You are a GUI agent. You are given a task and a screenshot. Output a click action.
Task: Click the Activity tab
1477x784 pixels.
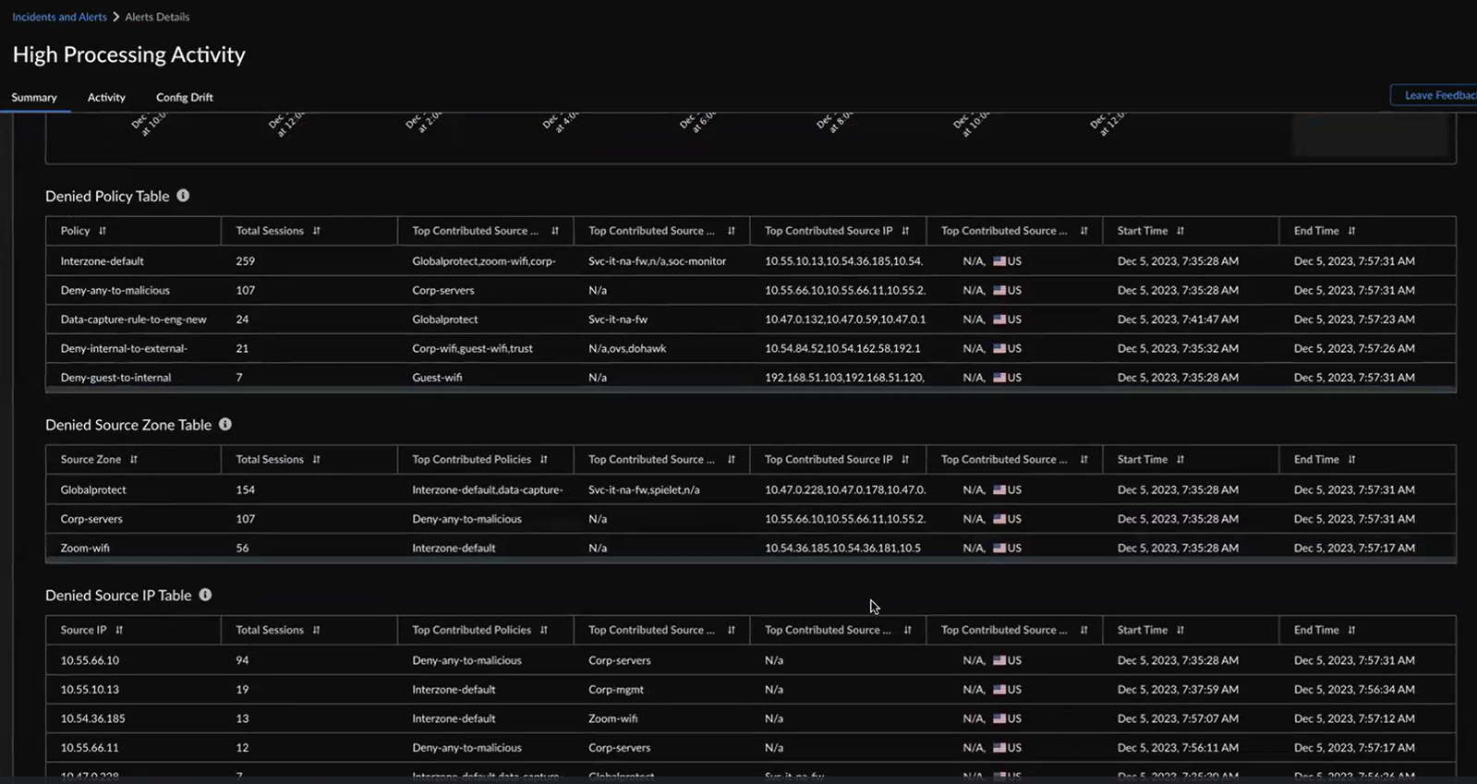(x=106, y=97)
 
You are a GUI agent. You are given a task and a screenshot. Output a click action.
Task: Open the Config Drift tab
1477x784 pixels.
(x=184, y=97)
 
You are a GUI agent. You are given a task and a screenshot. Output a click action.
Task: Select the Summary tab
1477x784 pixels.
(x=34, y=97)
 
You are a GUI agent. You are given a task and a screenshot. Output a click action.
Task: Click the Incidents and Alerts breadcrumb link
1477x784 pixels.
(x=59, y=17)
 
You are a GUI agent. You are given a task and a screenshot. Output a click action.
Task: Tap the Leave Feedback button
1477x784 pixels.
(x=1437, y=95)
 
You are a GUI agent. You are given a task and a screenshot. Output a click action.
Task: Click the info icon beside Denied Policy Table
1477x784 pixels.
(x=183, y=196)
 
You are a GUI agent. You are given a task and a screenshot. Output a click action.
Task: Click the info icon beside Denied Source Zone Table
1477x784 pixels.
(x=225, y=425)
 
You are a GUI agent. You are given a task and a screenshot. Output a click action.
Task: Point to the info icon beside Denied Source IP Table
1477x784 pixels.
(x=205, y=596)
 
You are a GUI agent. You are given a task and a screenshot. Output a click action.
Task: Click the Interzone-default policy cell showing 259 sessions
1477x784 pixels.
(x=102, y=261)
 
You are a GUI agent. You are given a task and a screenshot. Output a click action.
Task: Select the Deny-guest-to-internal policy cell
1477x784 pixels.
(x=115, y=378)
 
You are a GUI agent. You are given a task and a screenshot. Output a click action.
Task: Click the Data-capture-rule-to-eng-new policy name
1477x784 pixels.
(x=133, y=320)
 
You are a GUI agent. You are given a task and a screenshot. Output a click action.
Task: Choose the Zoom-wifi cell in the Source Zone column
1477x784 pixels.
(x=85, y=548)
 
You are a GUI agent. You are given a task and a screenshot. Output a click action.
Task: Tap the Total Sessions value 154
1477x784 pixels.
(x=245, y=489)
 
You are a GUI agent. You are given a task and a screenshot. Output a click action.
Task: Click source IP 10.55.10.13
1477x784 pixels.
(x=90, y=689)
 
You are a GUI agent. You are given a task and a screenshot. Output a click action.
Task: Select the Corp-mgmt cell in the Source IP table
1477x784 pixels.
(x=616, y=689)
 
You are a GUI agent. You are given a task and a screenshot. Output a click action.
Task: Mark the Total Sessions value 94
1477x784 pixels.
(x=242, y=660)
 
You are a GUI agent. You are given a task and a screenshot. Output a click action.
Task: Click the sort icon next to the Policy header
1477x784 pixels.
(x=103, y=231)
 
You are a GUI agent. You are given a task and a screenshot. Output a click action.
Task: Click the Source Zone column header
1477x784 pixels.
(x=91, y=459)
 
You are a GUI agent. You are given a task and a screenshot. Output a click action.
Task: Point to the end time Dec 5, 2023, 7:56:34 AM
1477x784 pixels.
(x=1354, y=689)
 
